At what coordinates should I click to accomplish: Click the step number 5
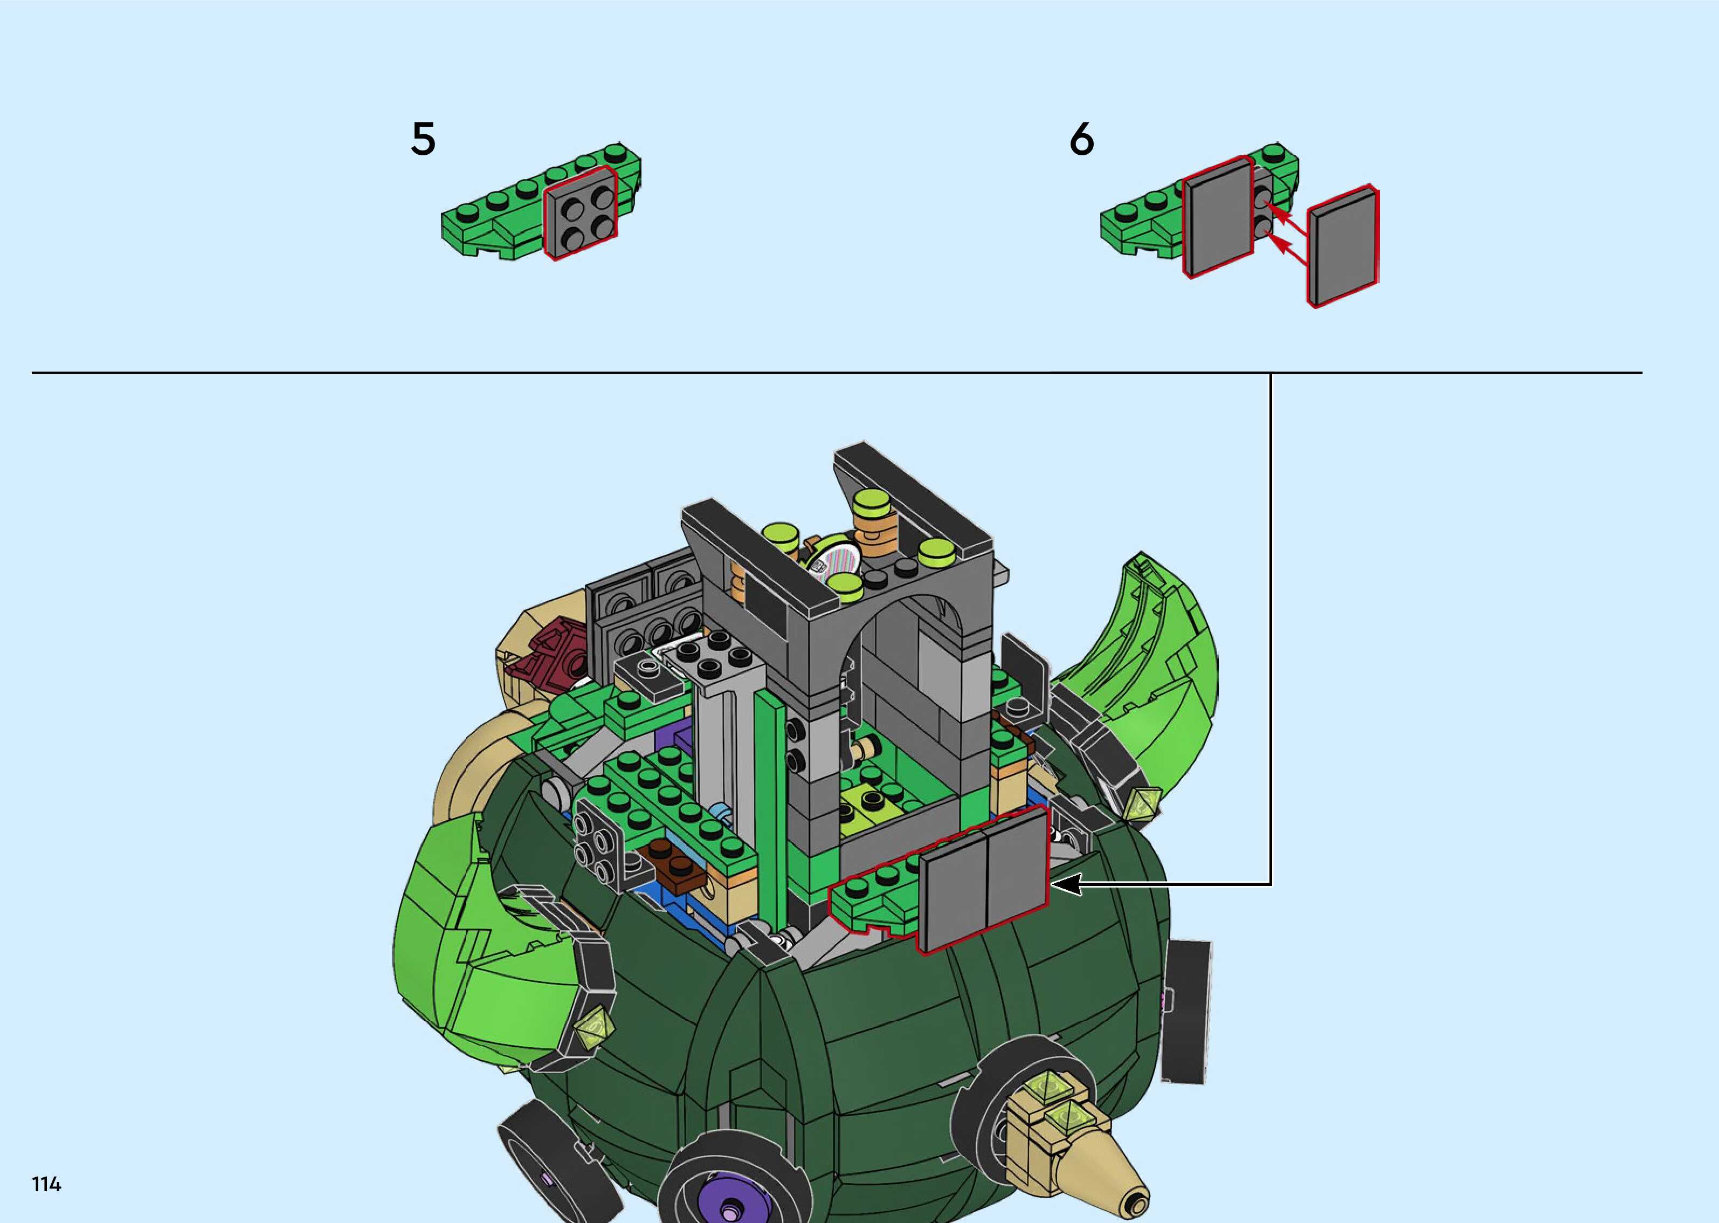(423, 139)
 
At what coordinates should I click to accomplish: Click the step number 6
(1081, 139)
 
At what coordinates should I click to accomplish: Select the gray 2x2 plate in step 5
(580, 215)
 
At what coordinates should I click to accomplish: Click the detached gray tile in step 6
(1343, 247)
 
